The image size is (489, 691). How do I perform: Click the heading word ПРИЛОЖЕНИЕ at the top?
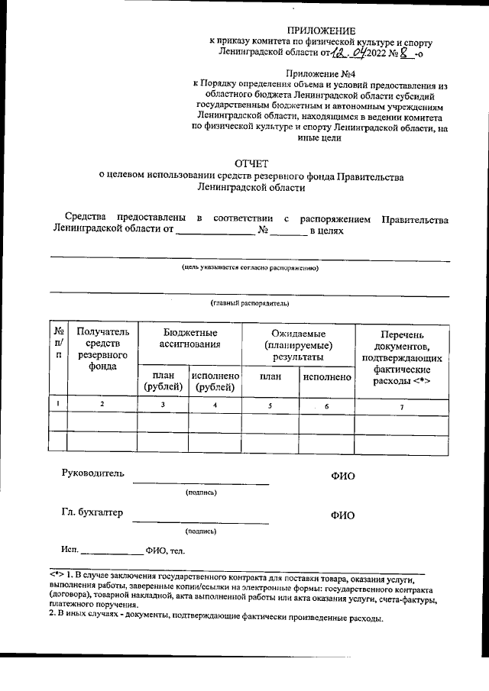click(329, 30)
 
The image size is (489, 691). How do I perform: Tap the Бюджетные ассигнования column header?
click(189, 339)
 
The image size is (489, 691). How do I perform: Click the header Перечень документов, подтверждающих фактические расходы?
click(401, 357)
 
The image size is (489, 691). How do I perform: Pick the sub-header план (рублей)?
click(162, 381)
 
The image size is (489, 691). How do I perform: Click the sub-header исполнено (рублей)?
click(215, 381)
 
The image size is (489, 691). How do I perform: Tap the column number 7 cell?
click(402, 405)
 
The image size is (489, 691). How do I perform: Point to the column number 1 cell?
click(58, 403)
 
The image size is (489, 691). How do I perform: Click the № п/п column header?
click(58, 344)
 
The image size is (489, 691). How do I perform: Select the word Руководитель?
click(92, 473)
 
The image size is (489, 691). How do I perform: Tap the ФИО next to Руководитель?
click(342, 476)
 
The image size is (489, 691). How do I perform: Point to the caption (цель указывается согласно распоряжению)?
click(250, 268)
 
